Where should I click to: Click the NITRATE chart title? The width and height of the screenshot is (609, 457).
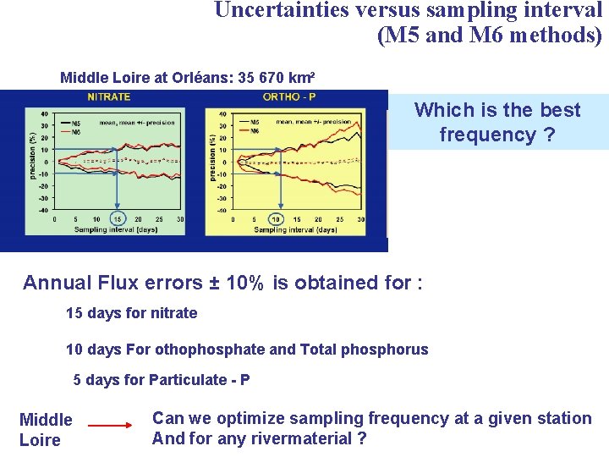(108, 96)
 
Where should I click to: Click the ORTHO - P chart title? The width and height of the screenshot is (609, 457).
(289, 96)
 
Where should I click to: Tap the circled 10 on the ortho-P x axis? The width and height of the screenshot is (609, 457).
(274, 219)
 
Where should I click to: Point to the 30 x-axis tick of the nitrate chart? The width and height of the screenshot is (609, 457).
(180, 218)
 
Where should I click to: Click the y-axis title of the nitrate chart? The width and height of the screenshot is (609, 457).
(32, 155)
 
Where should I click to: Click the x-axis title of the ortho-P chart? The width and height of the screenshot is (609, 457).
(294, 230)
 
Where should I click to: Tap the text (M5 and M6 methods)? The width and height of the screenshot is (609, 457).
(490, 36)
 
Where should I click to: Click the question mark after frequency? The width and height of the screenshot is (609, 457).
(549, 135)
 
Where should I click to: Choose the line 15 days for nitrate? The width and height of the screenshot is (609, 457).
(131, 313)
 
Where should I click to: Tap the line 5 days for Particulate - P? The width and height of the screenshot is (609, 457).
(161, 380)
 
